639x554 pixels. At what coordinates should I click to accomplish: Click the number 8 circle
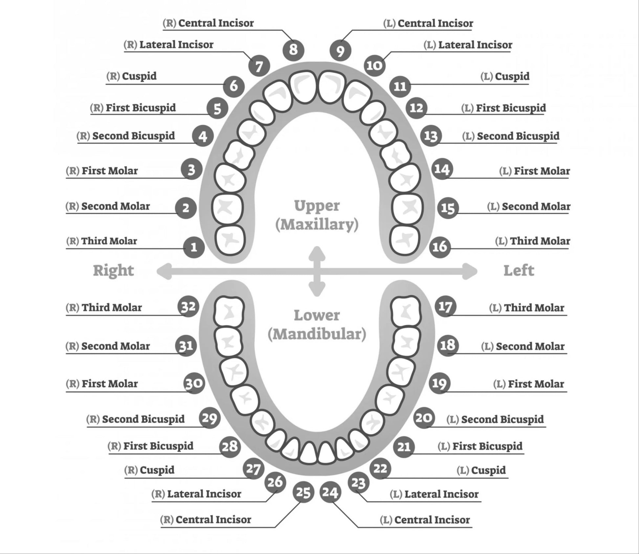click(293, 50)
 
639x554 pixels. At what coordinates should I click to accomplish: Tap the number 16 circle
click(440, 247)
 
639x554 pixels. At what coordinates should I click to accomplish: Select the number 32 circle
click(188, 307)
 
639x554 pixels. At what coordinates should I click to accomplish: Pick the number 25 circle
click(303, 492)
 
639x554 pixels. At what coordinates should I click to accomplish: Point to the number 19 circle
click(439, 383)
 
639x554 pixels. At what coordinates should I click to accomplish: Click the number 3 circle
click(191, 169)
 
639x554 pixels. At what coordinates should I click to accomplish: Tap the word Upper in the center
click(317, 206)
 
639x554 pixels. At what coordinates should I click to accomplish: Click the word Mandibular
click(317, 334)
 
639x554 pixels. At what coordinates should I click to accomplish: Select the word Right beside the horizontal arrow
click(113, 270)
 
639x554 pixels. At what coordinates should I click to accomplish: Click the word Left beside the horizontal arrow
click(518, 270)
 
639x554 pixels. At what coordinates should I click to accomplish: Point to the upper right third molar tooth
click(230, 239)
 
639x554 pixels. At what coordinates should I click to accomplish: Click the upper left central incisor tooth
click(332, 87)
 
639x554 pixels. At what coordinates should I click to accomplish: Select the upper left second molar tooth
click(408, 208)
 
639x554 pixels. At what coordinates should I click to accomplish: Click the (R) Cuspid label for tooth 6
click(131, 76)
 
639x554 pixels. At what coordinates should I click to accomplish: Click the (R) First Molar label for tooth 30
click(102, 383)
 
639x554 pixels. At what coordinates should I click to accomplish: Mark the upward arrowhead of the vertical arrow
click(317, 252)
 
